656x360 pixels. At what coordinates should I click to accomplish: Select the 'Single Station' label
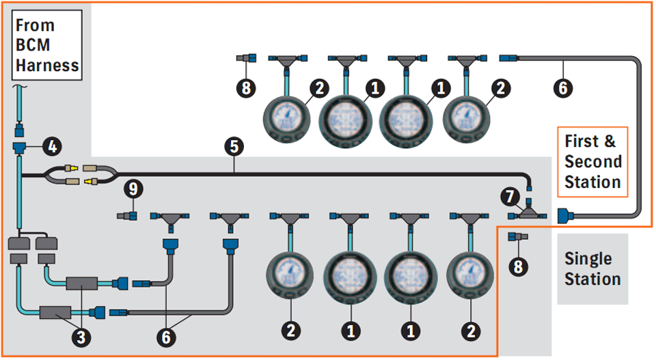point(592,268)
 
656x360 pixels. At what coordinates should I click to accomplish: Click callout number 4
point(51,145)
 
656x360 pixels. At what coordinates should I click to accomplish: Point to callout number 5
point(234,145)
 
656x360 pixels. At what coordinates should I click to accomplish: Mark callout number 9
point(133,187)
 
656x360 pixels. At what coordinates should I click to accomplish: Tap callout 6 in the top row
point(563,87)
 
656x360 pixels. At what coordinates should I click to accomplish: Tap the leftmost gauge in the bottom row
point(290,273)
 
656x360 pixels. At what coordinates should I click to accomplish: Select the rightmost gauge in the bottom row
point(469,273)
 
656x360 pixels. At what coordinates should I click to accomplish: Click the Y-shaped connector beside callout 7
point(527,214)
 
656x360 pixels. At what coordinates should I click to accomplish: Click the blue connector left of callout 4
point(19,146)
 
